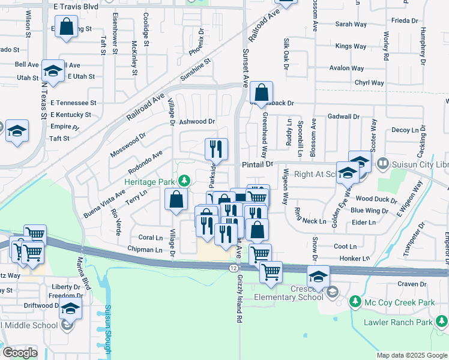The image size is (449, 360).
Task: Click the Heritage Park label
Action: click(149, 181)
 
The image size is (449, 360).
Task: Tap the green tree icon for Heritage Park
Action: click(185, 179)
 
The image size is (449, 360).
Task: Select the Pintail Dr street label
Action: click(258, 164)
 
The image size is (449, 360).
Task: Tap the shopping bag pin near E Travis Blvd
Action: click(67, 26)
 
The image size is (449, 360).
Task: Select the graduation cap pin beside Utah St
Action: click(53, 72)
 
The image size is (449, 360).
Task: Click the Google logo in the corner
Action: click(20, 352)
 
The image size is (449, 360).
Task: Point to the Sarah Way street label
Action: click(351, 24)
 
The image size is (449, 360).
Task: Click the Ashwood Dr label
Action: click(197, 121)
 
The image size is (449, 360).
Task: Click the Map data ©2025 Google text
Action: click(412, 355)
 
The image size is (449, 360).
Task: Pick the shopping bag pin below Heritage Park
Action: click(176, 200)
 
